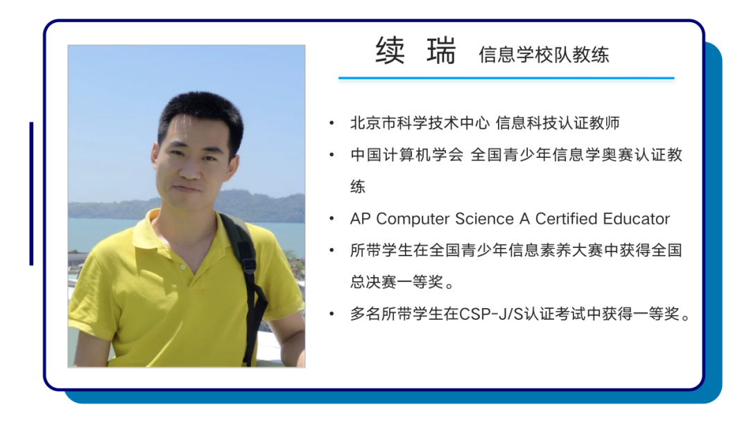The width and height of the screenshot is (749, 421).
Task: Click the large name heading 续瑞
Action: pos(415,51)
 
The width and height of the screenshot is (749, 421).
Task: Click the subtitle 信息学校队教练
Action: pos(544,55)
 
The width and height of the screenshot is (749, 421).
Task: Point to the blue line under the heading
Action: pos(506,78)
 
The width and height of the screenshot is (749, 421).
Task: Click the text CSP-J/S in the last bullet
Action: pos(491,314)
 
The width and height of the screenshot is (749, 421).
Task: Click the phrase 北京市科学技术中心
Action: pos(420,123)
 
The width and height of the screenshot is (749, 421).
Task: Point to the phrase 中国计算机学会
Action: pos(407,154)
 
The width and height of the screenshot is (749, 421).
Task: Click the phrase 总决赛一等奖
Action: pos(397,282)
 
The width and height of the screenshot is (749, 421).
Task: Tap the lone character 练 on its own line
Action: pos(358,186)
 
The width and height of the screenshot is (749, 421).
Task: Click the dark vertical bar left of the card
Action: pos(31,194)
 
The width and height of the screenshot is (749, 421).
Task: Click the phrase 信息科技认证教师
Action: pos(558,123)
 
